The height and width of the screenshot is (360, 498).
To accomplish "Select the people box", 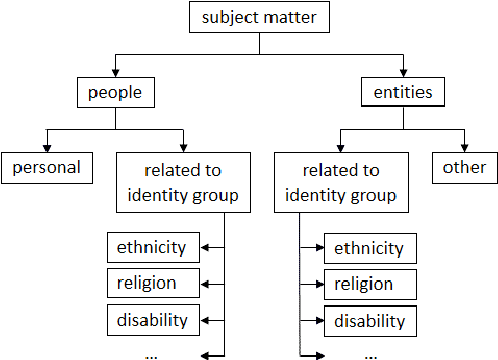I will [x=117, y=94].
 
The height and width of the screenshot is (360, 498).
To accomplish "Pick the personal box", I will [x=46, y=167].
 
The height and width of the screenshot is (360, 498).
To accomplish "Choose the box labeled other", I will [x=464, y=167].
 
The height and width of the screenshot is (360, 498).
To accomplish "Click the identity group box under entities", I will [x=339, y=181].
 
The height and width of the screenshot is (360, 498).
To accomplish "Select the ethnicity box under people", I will [x=153, y=247].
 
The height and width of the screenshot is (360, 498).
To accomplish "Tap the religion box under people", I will [x=153, y=283].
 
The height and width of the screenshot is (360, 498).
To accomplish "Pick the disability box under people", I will [x=153, y=320].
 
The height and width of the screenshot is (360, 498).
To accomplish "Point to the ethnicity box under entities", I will [x=369, y=249].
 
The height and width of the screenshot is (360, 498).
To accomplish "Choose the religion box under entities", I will [x=369, y=285].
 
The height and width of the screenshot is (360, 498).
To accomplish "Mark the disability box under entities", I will [x=369, y=321].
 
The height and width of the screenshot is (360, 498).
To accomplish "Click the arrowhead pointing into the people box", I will [x=117, y=74].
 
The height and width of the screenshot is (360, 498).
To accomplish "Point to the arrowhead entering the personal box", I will [x=46, y=147].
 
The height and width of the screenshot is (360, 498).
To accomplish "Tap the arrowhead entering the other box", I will [x=464, y=147].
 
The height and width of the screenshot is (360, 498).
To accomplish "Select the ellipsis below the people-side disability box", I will [x=153, y=353].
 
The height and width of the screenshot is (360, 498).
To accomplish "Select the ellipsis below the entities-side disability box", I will [x=369, y=353].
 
